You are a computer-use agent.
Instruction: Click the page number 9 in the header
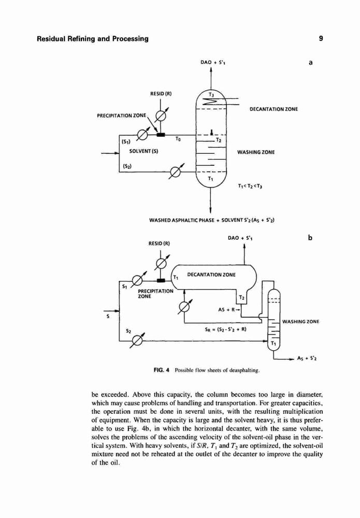[x=321, y=39]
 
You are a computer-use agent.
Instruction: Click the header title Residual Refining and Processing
[x=93, y=39]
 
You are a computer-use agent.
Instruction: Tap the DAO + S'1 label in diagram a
[x=213, y=62]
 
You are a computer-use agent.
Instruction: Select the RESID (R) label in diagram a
[x=161, y=93]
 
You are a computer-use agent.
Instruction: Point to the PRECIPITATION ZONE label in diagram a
[x=121, y=116]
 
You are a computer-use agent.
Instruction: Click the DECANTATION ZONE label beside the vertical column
[x=273, y=109]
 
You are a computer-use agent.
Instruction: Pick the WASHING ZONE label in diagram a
[x=256, y=152]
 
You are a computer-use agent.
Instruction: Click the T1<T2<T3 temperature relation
[x=250, y=186]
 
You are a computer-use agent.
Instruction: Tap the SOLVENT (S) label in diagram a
[x=143, y=151]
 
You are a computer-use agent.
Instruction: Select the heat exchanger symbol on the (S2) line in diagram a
[x=175, y=172]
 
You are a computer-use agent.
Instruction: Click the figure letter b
[x=310, y=238]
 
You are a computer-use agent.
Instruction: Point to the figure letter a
[x=310, y=62]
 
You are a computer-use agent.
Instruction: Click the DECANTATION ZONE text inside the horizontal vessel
[x=211, y=275]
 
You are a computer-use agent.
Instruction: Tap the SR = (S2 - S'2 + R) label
[x=226, y=329]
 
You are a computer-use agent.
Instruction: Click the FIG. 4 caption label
[x=162, y=370]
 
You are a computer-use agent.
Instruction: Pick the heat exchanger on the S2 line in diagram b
[x=137, y=340]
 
